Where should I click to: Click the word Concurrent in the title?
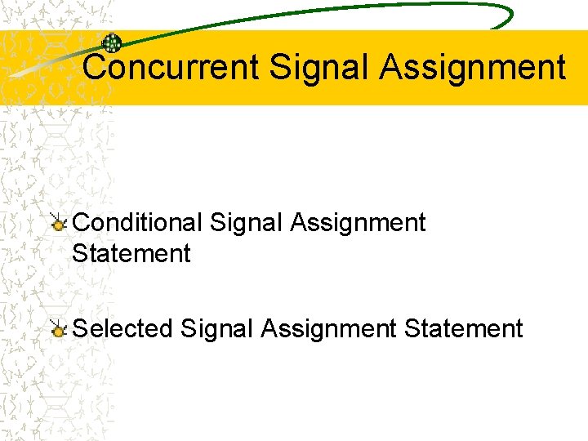click(171, 67)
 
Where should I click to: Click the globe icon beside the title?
click(111, 43)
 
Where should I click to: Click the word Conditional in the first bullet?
click(137, 222)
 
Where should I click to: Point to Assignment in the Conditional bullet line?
click(358, 222)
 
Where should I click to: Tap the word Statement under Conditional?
click(131, 253)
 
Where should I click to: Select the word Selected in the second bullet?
click(122, 328)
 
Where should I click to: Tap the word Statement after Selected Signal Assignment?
click(463, 328)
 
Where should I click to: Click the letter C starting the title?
click(96, 67)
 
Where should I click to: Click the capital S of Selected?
click(80, 328)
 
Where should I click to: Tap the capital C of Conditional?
click(82, 222)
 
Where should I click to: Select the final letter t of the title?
click(560, 67)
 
